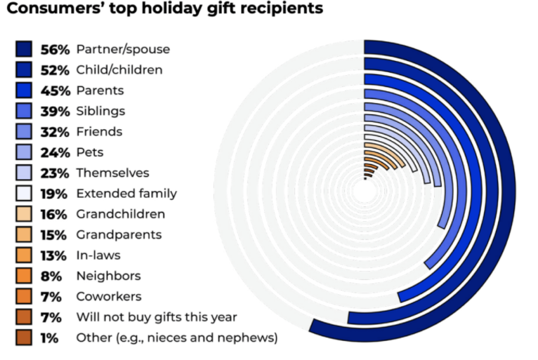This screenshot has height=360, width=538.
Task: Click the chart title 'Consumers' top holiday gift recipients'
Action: tap(166, 9)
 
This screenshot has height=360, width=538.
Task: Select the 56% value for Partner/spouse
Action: tap(54, 49)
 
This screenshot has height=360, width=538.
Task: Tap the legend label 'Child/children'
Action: tap(119, 70)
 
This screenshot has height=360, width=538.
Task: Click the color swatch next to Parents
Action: tap(24, 91)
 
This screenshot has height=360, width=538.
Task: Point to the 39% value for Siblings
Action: tap(54, 111)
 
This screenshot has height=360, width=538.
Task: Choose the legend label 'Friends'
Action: tap(99, 132)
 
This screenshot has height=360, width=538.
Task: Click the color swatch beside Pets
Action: tap(24, 152)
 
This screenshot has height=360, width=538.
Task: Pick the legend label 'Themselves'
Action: tap(112, 173)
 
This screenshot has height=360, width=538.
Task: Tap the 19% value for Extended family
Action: tap(54, 194)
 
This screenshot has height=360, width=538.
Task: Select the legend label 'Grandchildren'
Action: tap(121, 214)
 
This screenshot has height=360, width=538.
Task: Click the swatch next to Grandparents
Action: tap(24, 234)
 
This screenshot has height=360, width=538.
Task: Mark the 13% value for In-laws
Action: tap(54, 255)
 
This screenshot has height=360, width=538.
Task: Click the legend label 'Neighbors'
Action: tap(108, 276)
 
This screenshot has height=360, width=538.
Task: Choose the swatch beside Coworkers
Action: tap(24, 296)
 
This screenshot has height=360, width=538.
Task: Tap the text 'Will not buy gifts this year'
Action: tap(157, 317)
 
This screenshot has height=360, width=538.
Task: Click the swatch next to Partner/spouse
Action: tap(24, 49)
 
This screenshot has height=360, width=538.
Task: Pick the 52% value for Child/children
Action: tap(54, 70)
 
